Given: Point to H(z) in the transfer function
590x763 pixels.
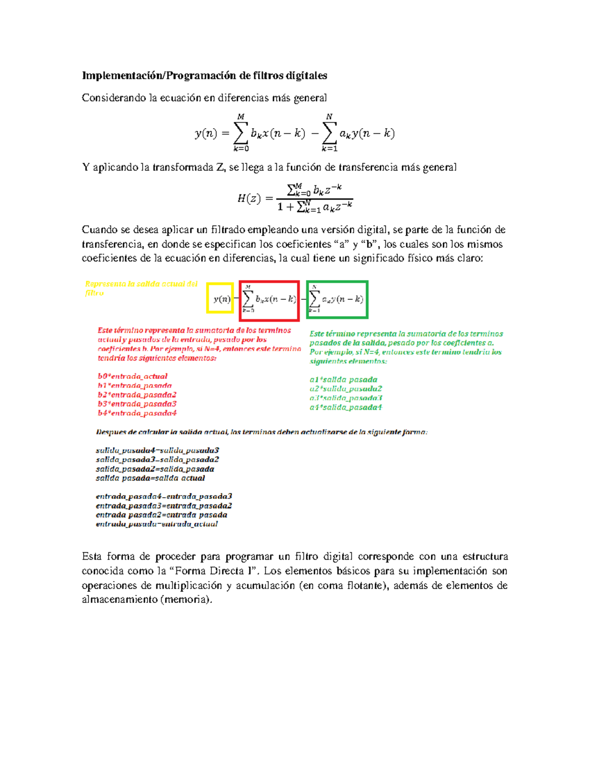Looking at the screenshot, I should (x=249, y=198).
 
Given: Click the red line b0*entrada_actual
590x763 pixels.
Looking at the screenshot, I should (x=133, y=376).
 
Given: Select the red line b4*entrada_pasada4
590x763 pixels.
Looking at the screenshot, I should (x=137, y=413).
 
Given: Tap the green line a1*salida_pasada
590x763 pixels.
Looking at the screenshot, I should (x=344, y=380).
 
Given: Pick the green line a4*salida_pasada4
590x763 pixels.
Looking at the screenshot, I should (x=346, y=407).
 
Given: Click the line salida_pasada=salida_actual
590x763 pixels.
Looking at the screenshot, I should (x=150, y=478).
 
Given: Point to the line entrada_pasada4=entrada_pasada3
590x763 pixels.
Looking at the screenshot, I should (x=164, y=496).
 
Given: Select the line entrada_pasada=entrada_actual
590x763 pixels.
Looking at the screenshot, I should (x=157, y=524).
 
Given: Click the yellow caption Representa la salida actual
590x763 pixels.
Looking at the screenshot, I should (x=141, y=284).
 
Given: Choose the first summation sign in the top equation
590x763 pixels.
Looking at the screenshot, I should (x=240, y=133).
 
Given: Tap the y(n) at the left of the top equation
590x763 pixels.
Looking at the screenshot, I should (x=206, y=134).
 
